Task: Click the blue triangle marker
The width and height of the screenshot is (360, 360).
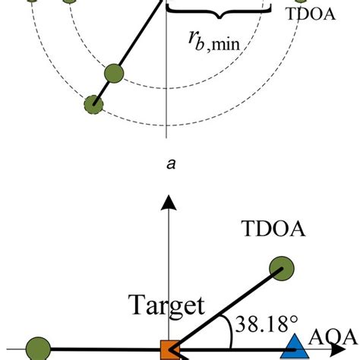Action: click(295, 350)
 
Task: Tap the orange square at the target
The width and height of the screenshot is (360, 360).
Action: click(169, 351)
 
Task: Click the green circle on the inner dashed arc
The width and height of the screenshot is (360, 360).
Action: click(115, 74)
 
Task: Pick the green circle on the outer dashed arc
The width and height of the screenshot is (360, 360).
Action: click(94, 103)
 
